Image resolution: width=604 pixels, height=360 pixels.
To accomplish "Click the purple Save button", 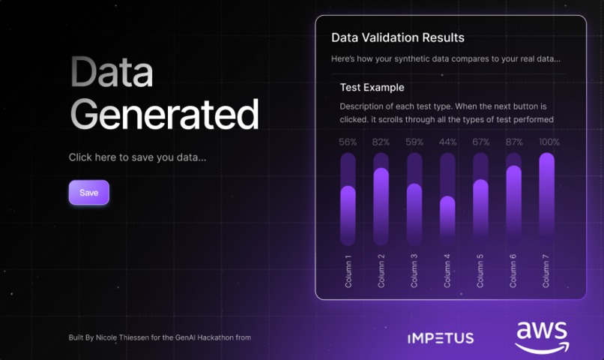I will click(88, 193).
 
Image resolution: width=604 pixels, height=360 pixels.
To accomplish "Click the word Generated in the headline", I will click(164, 115).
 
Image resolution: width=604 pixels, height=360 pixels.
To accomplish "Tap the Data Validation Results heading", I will click(398, 37).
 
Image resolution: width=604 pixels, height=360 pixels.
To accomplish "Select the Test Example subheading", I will click(372, 88).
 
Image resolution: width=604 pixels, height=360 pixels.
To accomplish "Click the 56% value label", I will click(348, 142).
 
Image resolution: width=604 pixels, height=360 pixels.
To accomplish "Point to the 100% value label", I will click(549, 142).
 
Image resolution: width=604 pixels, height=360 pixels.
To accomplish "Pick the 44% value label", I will click(447, 142).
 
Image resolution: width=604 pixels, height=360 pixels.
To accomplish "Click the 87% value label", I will click(514, 142).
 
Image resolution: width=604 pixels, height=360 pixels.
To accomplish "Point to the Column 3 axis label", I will click(414, 270).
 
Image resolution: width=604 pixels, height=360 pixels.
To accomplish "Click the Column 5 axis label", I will click(480, 270).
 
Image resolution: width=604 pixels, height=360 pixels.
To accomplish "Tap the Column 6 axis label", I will click(513, 270).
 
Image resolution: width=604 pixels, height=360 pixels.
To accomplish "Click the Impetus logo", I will click(440, 338).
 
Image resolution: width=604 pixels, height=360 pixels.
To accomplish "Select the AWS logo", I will click(542, 336).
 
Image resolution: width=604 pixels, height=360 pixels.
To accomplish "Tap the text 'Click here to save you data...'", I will click(137, 157).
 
